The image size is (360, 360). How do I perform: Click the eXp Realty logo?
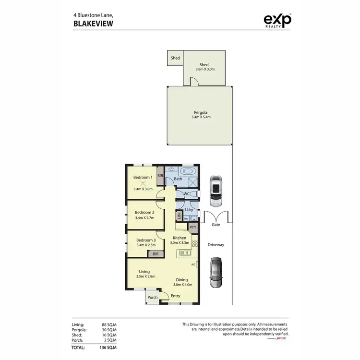pyautogui.click(x=278, y=21)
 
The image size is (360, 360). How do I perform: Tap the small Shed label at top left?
pyautogui.click(x=175, y=58)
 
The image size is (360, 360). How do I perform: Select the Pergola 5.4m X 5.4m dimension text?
pyautogui.click(x=199, y=117)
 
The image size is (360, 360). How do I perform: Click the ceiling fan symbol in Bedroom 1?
pyautogui.click(x=143, y=183)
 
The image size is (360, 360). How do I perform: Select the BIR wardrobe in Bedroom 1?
pyautogui.click(x=160, y=176)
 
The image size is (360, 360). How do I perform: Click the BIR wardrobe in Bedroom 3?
pyautogui.click(x=156, y=254)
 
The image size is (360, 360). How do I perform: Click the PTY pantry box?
pyautogui.click(x=192, y=228)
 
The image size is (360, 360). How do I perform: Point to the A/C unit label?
pyautogui.click(x=194, y=264)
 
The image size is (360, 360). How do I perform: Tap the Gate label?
pyautogui.click(x=216, y=225)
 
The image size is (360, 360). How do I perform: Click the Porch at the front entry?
pyautogui.click(x=153, y=297)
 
